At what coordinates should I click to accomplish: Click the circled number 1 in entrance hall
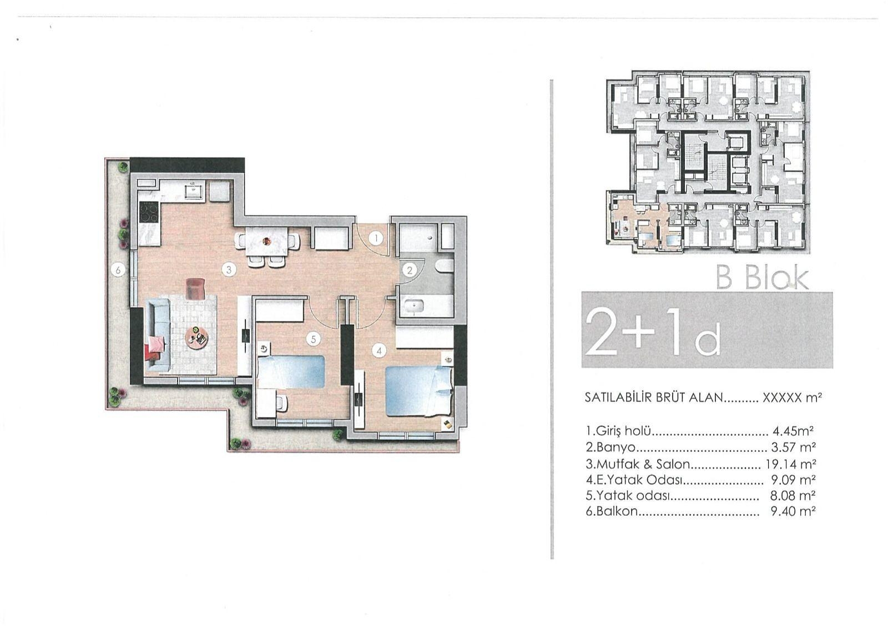pos(376,239)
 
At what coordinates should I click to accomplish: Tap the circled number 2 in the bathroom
pos(410,270)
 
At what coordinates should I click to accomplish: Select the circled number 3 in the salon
pos(228,270)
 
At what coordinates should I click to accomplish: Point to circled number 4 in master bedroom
pos(379,350)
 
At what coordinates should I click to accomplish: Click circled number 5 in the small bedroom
pos(314,338)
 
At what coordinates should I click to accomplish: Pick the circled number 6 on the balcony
pos(117,270)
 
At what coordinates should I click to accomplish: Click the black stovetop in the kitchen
pos(149,214)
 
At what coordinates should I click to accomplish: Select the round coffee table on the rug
pos(197,337)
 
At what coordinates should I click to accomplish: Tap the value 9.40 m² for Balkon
pos(793,511)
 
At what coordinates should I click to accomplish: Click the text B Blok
pos(762,278)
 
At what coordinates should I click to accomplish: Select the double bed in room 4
pos(417,390)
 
